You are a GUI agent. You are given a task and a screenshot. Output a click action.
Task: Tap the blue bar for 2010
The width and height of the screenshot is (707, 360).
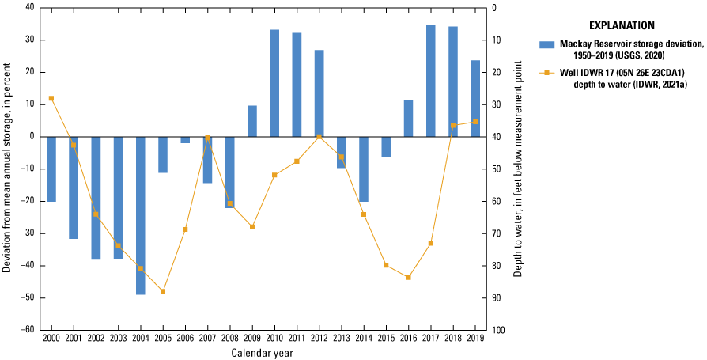274,83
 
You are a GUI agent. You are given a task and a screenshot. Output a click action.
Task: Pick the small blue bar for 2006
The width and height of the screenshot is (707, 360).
185,140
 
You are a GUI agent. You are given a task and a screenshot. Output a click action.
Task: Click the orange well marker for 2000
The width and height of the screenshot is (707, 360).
51,98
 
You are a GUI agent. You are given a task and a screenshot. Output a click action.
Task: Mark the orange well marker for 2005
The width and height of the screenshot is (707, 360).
163,291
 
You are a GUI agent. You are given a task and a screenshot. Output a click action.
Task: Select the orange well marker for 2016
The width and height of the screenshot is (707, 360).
408,277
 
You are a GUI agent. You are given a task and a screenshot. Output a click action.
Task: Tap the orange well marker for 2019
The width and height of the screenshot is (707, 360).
475,122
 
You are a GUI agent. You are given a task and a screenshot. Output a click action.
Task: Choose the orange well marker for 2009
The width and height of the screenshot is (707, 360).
252,227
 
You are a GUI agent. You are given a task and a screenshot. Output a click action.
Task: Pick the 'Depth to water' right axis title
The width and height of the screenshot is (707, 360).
519,169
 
